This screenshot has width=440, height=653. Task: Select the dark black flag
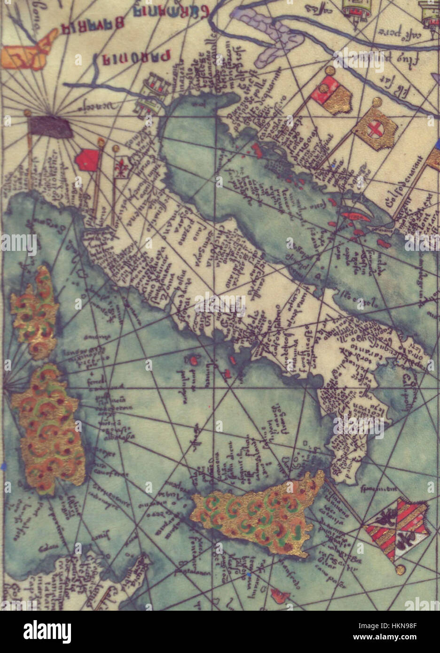click(50, 126)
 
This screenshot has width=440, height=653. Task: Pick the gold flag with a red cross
click(375, 126)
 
